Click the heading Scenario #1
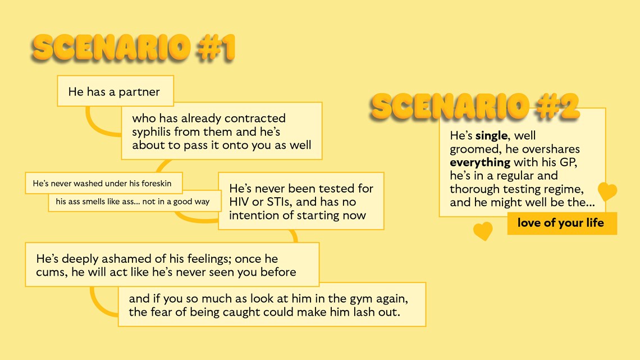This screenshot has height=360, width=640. [x=134, y=48]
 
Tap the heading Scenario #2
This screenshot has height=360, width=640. [x=475, y=106]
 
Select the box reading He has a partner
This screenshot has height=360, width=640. [x=116, y=91]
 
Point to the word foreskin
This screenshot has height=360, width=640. [x=156, y=183]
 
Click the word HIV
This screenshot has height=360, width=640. [x=239, y=202]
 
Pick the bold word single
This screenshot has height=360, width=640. [x=491, y=136]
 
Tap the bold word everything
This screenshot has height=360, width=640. [x=480, y=162]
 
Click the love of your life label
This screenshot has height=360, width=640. [x=562, y=224]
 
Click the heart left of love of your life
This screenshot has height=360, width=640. [x=483, y=231]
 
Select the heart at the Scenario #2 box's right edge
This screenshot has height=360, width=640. [x=607, y=191]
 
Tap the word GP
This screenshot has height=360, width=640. [x=568, y=162]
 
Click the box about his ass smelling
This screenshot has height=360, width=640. [x=135, y=202]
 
